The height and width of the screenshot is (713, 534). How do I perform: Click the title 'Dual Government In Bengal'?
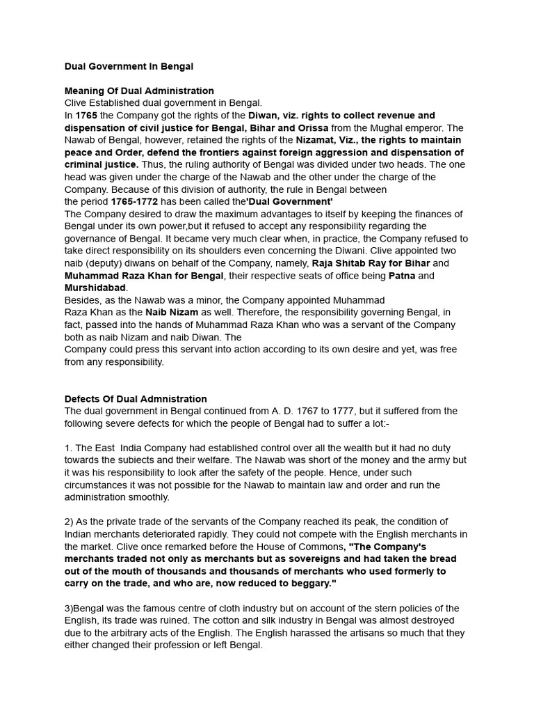tap(129, 66)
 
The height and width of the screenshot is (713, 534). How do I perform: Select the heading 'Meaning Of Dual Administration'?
tap(139, 91)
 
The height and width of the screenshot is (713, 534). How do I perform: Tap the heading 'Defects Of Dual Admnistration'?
tap(136, 399)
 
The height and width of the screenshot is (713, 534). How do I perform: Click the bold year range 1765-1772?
tap(135, 201)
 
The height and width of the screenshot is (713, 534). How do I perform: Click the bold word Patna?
tap(402, 276)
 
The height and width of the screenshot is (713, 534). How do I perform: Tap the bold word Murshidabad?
tap(95, 288)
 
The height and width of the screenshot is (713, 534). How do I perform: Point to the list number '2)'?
tap(70, 522)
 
